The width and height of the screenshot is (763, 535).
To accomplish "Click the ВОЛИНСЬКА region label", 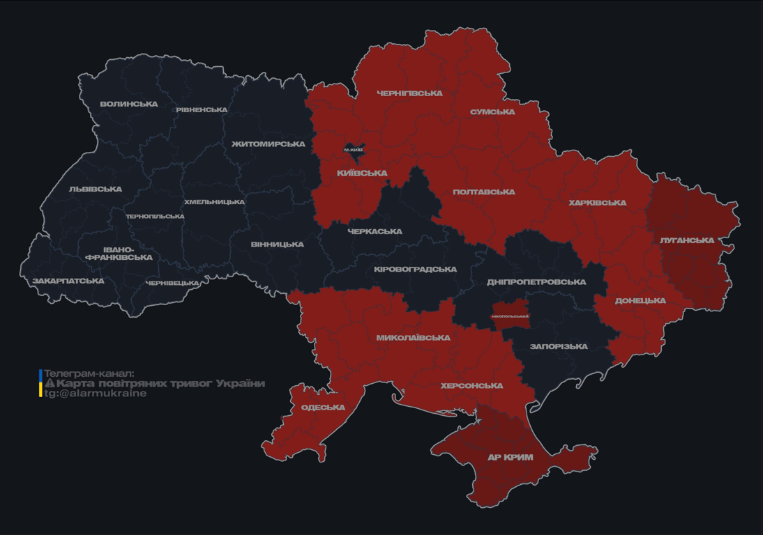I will pos(129,104).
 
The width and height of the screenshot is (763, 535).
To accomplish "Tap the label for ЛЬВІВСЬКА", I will pos(96,189).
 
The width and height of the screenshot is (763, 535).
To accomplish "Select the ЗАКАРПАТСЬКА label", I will pos(68,281).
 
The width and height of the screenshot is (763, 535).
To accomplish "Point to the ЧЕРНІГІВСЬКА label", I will pos(409,93).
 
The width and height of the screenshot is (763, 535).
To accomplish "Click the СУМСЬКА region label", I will pos(492,112).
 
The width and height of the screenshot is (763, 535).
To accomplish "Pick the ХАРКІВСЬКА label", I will pos(597,203).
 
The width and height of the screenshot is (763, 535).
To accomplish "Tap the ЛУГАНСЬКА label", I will pos(687,240).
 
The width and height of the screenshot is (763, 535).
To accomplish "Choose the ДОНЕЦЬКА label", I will pos(640,301).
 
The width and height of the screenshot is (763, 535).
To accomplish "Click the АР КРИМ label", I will pos(510,458).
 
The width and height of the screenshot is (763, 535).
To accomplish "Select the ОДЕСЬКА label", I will pos(323,408).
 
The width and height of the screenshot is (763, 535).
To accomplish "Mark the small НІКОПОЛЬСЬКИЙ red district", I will pos(510,316).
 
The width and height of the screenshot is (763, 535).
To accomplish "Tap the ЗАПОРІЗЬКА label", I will pos(559,346).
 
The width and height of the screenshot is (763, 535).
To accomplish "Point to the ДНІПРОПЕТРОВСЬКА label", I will pos(536,282).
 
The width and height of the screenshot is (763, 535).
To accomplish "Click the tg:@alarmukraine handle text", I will pos(96,394).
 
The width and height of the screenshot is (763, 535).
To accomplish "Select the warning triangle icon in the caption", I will pos(50,384).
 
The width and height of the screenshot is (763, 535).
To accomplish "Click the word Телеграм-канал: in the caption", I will pos(89,373).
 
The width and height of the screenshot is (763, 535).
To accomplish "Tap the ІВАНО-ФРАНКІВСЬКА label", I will pos(119,254).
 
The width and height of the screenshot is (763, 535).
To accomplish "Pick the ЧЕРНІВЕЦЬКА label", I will pos(172,284).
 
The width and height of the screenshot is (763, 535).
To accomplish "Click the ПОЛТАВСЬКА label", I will pos(484,192).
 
